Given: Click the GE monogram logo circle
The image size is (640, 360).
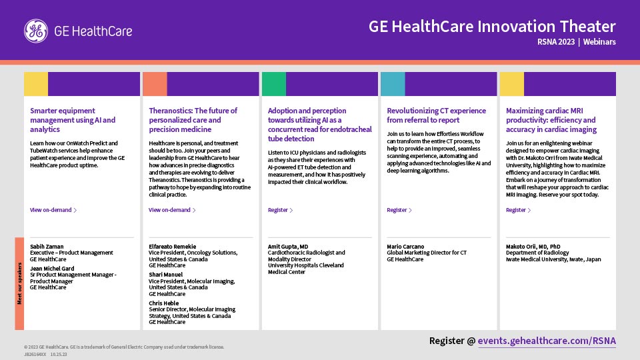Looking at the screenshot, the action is click(36, 31).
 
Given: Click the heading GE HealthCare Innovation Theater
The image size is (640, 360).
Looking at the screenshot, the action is click(492, 27).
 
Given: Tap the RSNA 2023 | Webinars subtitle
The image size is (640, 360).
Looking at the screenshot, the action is click(576, 42).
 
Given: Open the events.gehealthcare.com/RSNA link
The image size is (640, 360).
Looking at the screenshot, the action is click(547, 341).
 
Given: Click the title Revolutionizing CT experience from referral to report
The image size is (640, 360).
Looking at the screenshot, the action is click(436, 115).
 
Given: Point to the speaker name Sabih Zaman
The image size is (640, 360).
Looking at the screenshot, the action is click(47, 247).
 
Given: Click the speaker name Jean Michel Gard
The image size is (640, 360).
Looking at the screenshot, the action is click(52, 269).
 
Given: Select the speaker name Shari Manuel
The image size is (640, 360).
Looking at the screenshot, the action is click(165, 275).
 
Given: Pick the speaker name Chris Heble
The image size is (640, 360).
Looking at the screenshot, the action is click(164, 303).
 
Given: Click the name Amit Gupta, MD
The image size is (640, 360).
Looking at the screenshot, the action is click(288, 247).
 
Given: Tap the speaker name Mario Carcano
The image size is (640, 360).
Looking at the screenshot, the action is click(405, 247).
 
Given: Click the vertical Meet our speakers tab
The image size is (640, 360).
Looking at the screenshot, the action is click(19, 283).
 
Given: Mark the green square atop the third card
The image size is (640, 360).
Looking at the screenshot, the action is click(274, 84).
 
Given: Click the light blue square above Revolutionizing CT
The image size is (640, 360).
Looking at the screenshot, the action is click(393, 84).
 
